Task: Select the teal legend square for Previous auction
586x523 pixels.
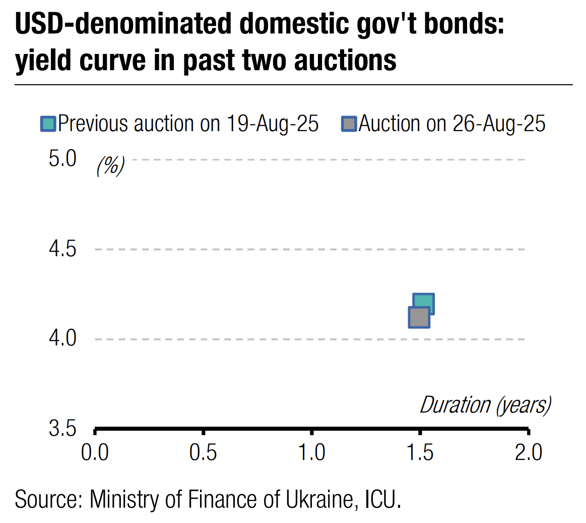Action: click(48, 124)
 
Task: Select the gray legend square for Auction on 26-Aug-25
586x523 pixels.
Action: click(349, 124)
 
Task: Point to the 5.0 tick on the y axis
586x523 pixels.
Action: click(62, 159)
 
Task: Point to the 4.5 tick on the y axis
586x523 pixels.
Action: click(62, 249)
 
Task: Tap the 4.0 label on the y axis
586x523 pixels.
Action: click(62, 338)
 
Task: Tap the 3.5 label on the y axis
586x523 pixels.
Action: click(62, 429)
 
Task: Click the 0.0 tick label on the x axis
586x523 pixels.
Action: click(95, 452)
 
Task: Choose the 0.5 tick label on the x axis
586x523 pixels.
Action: click(203, 452)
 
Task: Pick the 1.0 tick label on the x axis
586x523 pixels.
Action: click(312, 452)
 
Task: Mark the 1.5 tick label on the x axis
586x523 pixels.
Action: click(420, 452)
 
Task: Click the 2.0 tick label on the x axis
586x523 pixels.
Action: click(529, 452)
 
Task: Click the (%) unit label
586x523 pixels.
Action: click(110, 165)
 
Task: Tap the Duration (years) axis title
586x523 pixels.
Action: click(485, 405)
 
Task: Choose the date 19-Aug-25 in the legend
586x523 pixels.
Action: click(272, 124)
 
